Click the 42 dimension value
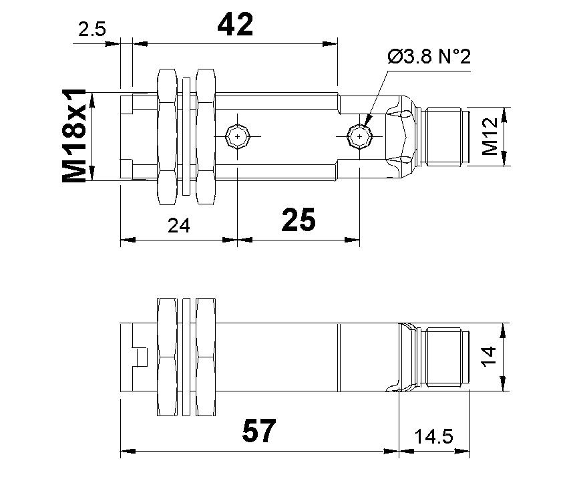pos(236,25)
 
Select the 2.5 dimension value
pos(91,30)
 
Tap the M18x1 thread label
pos(75,136)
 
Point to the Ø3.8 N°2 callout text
pos(429,57)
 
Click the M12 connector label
pos(491,136)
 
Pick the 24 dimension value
pos(178,225)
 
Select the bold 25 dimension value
pos(299,220)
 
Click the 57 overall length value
pos(258,432)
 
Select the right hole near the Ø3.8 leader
pos(359,137)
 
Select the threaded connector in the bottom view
pos(447,356)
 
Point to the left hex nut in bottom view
pos(166,356)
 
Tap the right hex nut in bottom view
pos(206,356)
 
